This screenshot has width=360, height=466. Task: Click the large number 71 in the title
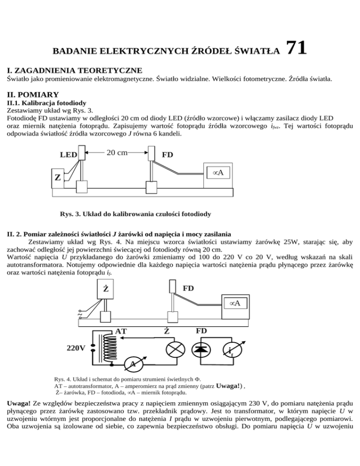pos(296,48)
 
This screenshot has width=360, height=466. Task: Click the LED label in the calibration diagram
pos(68,154)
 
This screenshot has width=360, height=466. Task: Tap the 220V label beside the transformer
pos(76,349)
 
